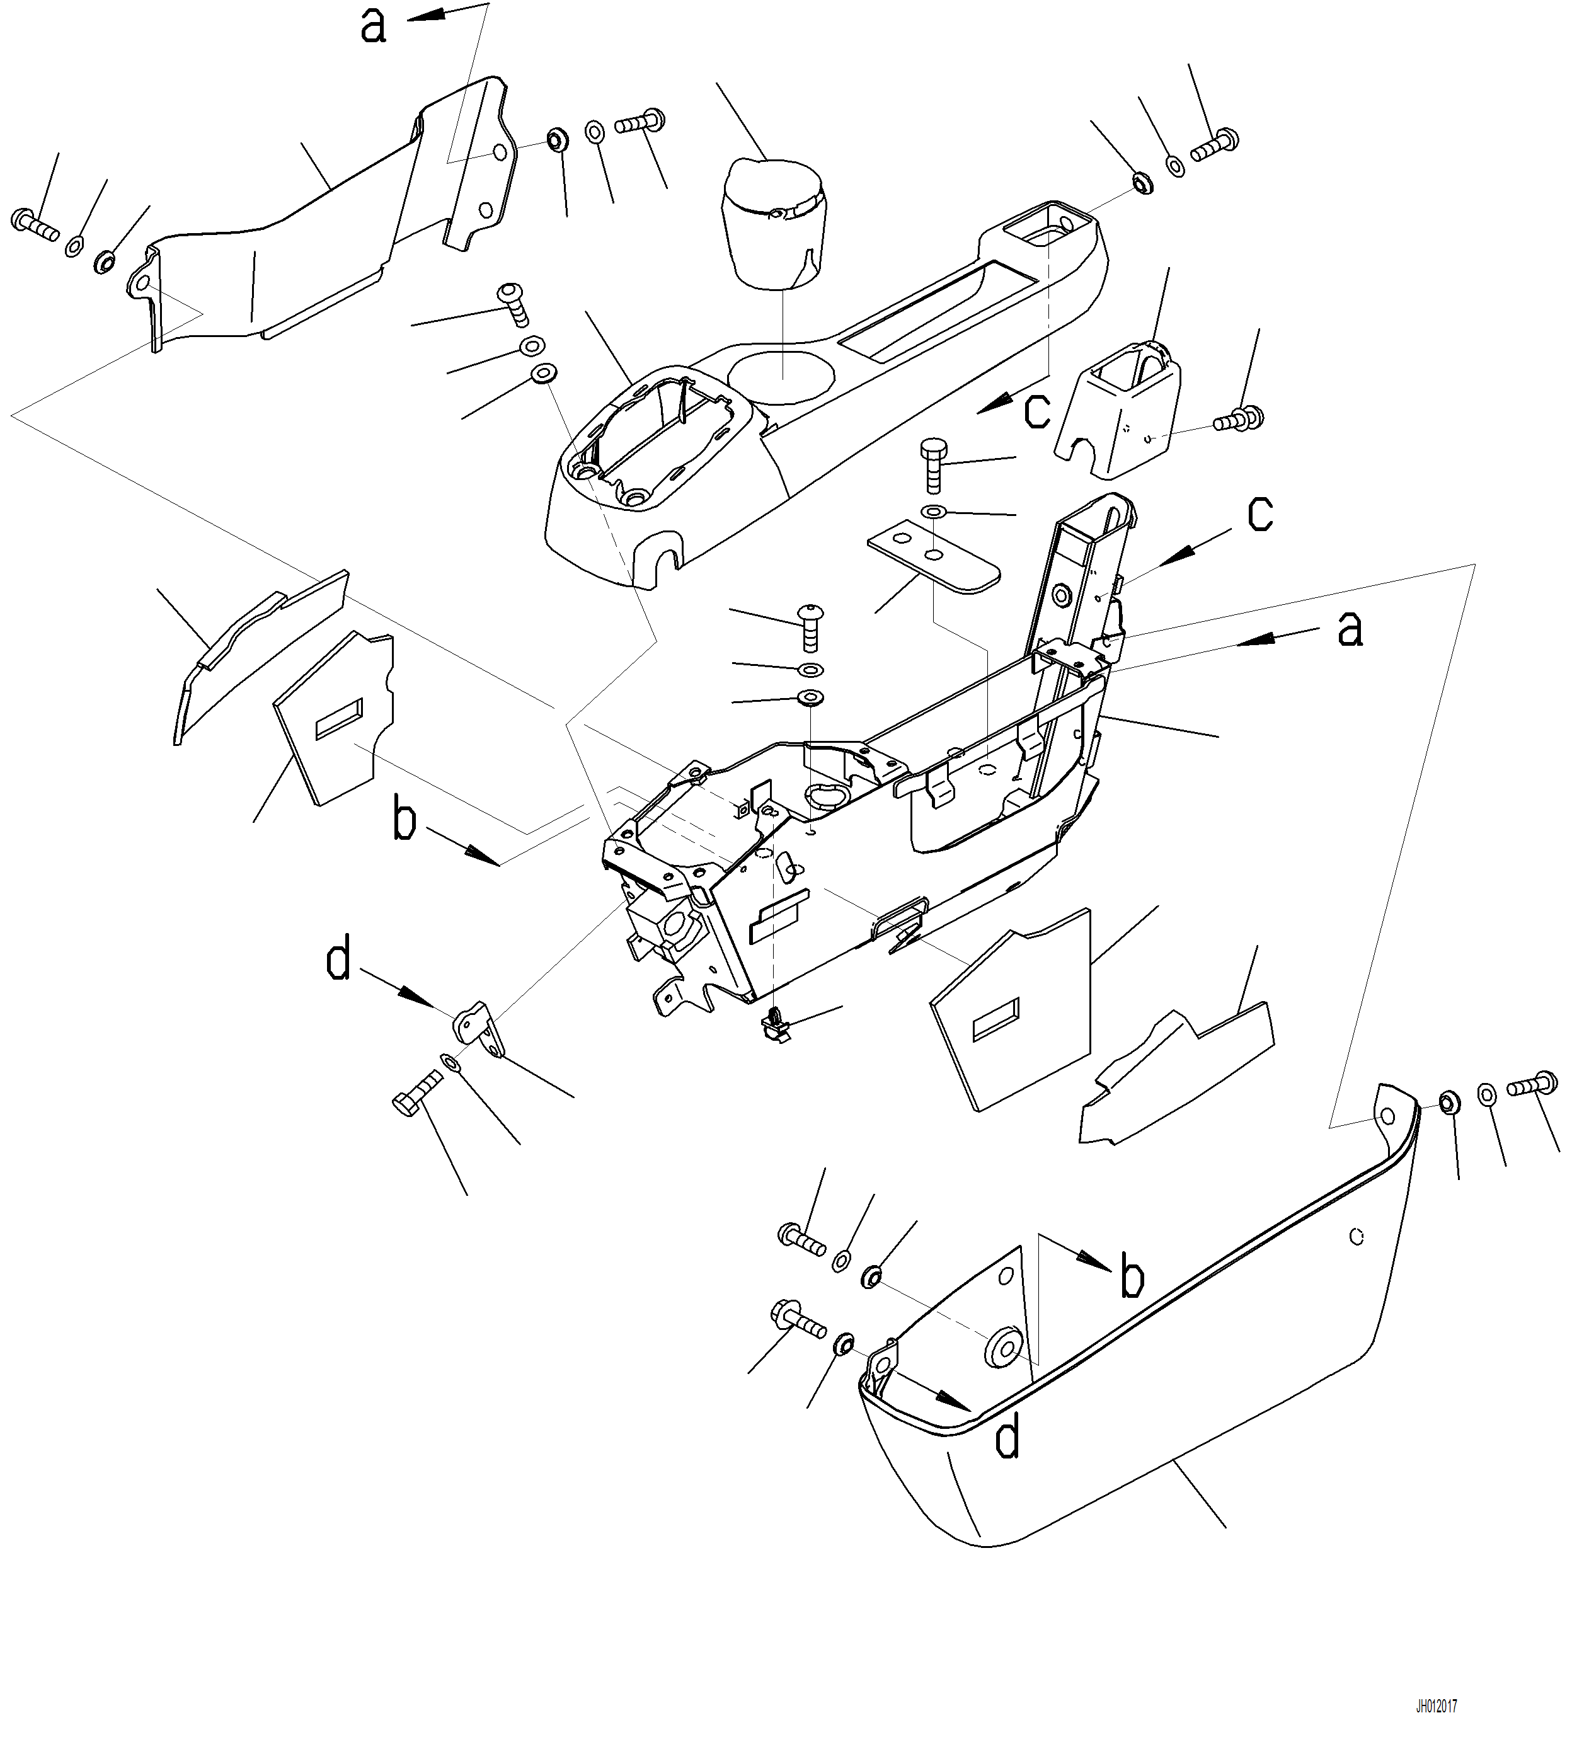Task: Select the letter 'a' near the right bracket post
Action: click(1350, 629)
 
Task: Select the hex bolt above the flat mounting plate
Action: click(933, 464)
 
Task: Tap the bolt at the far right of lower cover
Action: click(1532, 1085)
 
